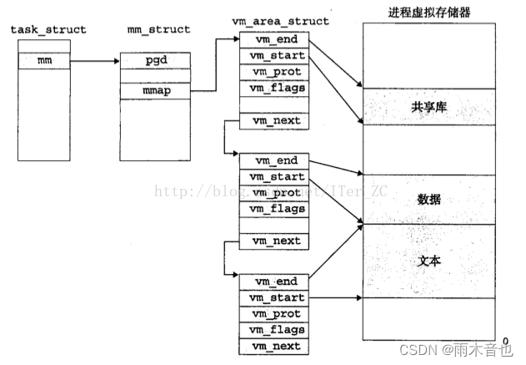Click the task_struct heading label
pyautogui.click(x=48, y=30)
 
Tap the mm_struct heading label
pyautogui.click(x=154, y=30)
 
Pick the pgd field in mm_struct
pyautogui.click(x=155, y=60)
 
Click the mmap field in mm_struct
pyautogui.click(x=155, y=91)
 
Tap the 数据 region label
pyautogui.click(x=428, y=200)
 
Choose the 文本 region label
pyautogui.click(x=428, y=261)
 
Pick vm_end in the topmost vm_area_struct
pyautogui.click(x=271, y=39)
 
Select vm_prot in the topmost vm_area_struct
pyautogui.click(x=271, y=71)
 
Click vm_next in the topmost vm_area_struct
pyautogui.click(x=271, y=121)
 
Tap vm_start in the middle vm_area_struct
pyautogui.click(x=271, y=177)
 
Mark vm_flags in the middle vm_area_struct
pyautogui.click(x=271, y=209)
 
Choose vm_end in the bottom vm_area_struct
pyautogui.click(x=271, y=281)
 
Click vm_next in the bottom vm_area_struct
pyautogui.click(x=271, y=347)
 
